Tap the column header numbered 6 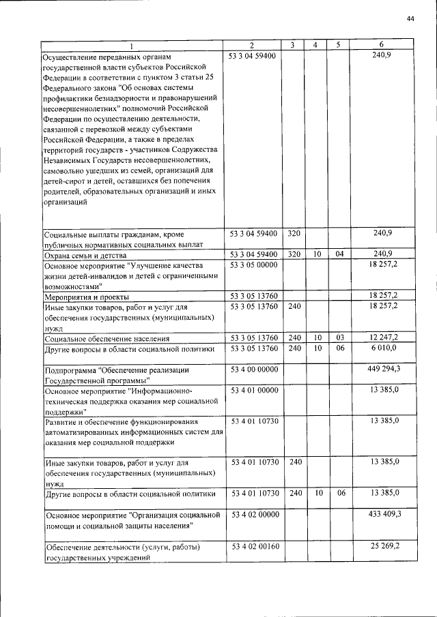click(x=382, y=45)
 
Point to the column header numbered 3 click(x=292, y=45)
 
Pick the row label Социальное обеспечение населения click(x=98, y=338)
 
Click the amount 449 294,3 click(x=384, y=370)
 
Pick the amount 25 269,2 click(x=386, y=547)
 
